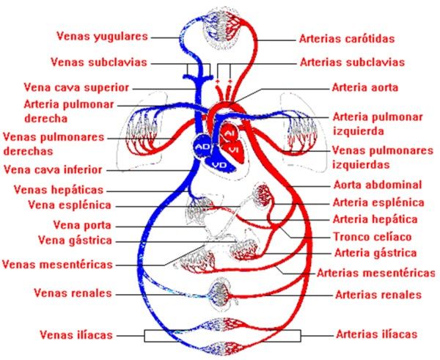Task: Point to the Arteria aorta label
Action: (x=365, y=87)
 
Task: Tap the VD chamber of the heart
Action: (x=219, y=164)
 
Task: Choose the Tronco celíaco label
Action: (x=372, y=237)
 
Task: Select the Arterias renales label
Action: (x=378, y=295)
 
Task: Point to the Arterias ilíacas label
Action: (x=377, y=334)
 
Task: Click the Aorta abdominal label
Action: (x=377, y=184)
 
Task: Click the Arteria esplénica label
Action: (x=378, y=202)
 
